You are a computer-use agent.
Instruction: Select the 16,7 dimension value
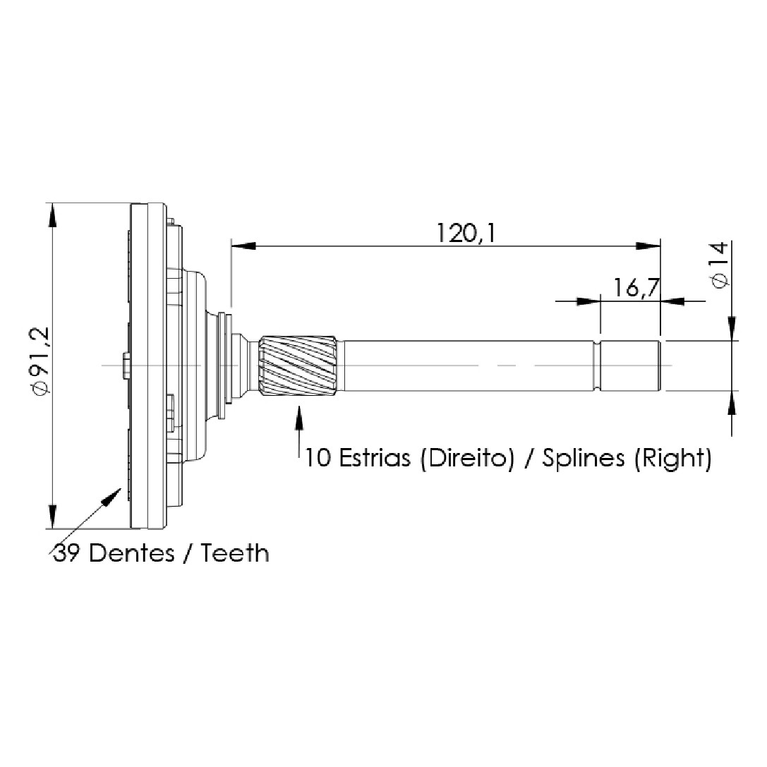point(636,288)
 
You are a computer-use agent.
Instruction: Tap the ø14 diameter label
point(719,265)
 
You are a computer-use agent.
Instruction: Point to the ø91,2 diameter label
point(39,361)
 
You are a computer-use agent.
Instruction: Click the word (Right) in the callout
point(672,459)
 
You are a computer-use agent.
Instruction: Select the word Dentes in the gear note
point(131,553)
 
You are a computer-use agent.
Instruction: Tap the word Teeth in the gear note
point(235,553)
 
